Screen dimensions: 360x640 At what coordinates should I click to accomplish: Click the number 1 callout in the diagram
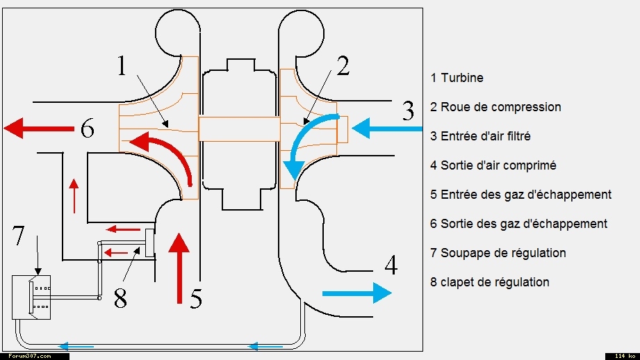click(x=122, y=65)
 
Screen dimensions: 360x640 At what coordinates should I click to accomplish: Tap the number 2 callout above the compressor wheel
click(x=342, y=66)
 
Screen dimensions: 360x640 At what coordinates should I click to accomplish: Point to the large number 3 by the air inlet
click(x=408, y=111)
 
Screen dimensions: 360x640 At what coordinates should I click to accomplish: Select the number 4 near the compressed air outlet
click(x=391, y=265)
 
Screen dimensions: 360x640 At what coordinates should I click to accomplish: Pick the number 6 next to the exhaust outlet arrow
click(x=87, y=129)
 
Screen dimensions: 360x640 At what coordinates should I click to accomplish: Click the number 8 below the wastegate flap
click(x=120, y=298)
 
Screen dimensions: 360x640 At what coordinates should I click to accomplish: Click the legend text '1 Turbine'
click(x=457, y=78)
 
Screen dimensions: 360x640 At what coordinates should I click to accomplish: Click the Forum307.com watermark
click(x=34, y=356)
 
